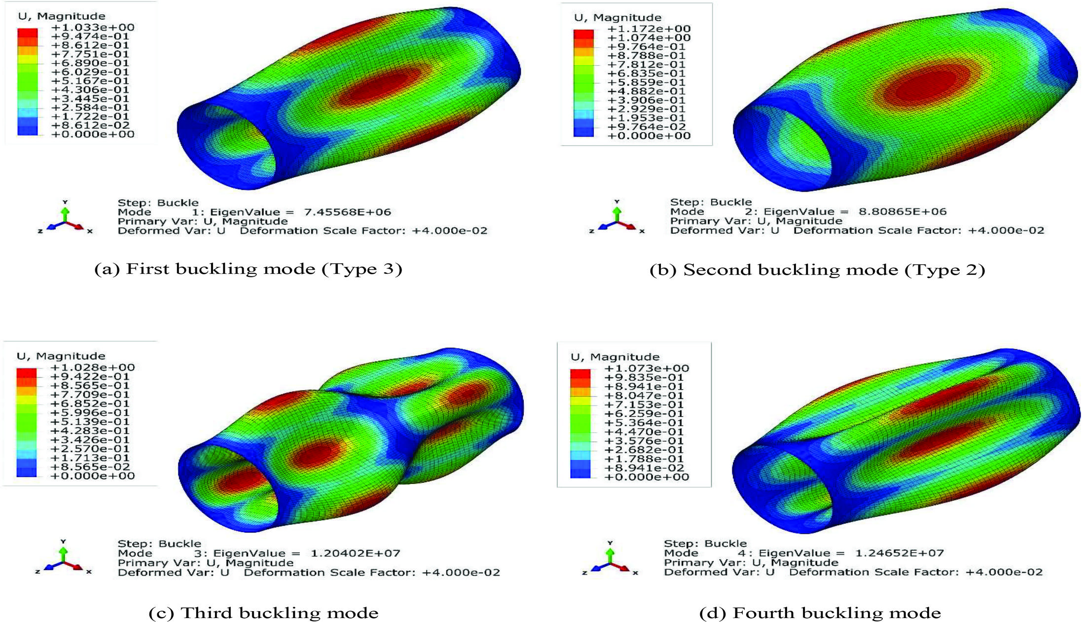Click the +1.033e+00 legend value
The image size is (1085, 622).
point(93,28)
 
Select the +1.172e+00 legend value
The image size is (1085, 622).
point(649,29)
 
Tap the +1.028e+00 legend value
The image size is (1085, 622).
point(93,367)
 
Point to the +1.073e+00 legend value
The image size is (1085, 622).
point(647,368)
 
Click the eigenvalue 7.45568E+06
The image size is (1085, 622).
point(347,212)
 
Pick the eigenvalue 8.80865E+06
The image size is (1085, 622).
point(903,212)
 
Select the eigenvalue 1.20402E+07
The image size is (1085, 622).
point(355,553)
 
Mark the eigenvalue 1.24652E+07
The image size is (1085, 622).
point(899,553)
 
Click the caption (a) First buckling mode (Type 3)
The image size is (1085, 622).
point(248,269)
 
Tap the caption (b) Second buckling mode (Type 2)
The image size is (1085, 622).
point(817,270)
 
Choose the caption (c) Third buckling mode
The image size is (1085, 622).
point(263,613)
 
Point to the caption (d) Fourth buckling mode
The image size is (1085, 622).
point(820,613)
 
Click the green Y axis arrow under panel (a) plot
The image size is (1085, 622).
point(65,213)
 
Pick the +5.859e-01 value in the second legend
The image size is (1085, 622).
point(649,82)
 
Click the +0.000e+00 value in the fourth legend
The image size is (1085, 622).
point(647,477)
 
